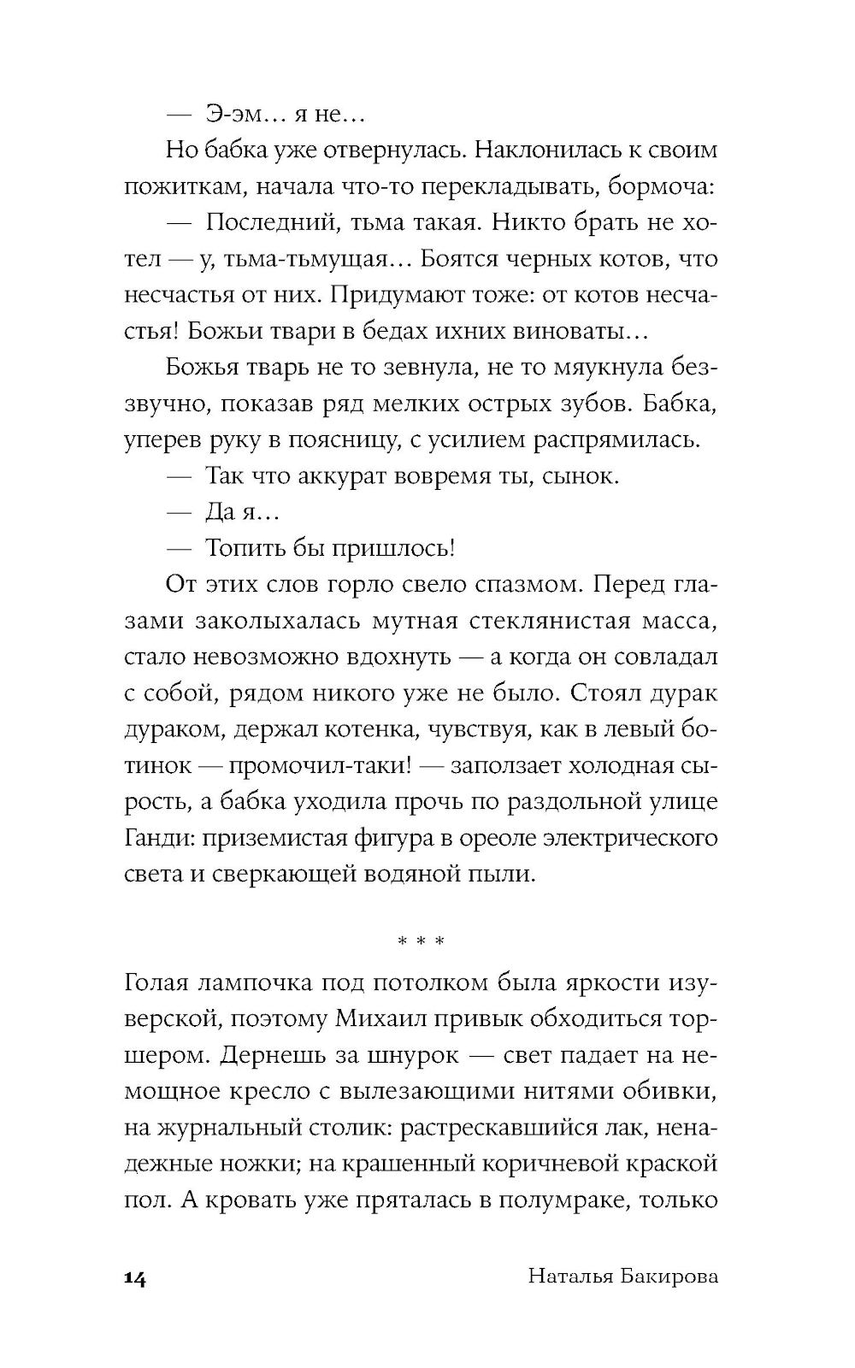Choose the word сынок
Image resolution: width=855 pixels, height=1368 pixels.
(x=581, y=475)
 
